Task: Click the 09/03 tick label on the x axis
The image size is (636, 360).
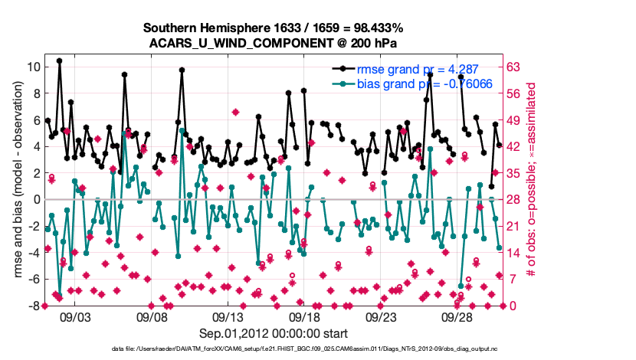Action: [74, 316]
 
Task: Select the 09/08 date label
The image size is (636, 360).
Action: [151, 316]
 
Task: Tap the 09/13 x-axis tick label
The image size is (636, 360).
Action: [228, 316]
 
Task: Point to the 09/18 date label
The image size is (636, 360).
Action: [304, 316]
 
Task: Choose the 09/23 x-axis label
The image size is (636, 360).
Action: [381, 316]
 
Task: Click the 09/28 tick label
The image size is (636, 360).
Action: [457, 316]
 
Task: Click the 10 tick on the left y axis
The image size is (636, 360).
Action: [34, 67]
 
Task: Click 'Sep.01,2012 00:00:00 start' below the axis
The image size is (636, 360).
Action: [274, 333]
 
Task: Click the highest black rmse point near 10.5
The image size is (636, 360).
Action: [59, 61]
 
